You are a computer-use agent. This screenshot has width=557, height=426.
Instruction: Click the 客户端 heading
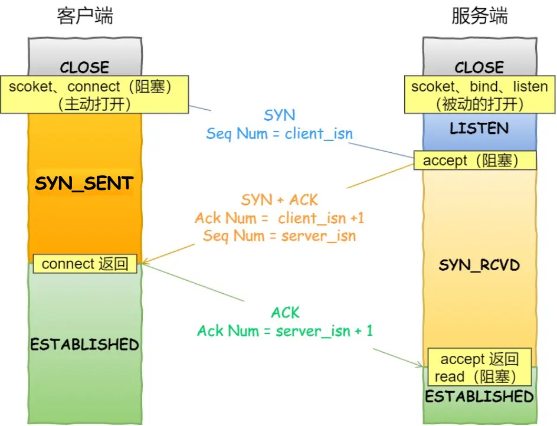(x=85, y=16)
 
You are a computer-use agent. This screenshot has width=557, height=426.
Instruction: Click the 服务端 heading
(x=479, y=16)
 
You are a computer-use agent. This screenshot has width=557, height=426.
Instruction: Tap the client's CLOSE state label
(x=84, y=67)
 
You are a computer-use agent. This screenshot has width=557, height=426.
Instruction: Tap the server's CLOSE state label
(x=479, y=67)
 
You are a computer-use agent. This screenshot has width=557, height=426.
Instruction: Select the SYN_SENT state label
(x=84, y=183)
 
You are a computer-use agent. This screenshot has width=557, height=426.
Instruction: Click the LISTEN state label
(x=479, y=128)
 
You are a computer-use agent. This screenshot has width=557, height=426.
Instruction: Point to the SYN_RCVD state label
(x=479, y=264)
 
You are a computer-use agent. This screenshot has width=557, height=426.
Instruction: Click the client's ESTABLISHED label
(x=84, y=344)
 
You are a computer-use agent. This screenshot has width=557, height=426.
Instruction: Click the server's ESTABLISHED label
(x=479, y=396)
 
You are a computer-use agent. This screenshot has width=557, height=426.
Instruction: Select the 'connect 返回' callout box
(x=85, y=264)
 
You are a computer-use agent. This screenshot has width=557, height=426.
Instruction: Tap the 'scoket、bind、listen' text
(x=479, y=87)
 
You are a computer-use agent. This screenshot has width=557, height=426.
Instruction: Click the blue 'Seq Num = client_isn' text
(x=279, y=133)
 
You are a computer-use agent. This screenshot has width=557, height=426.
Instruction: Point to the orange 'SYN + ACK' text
(x=279, y=200)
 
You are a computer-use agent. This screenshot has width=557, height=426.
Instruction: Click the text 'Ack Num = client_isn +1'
(x=279, y=218)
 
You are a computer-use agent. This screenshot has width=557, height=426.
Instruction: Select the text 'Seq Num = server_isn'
(x=279, y=236)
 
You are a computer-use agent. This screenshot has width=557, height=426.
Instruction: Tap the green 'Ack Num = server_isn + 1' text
(x=285, y=330)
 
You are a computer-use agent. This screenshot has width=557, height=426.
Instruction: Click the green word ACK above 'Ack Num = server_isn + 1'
(x=286, y=312)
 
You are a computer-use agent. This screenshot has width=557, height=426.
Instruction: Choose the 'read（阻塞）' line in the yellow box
(x=476, y=376)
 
